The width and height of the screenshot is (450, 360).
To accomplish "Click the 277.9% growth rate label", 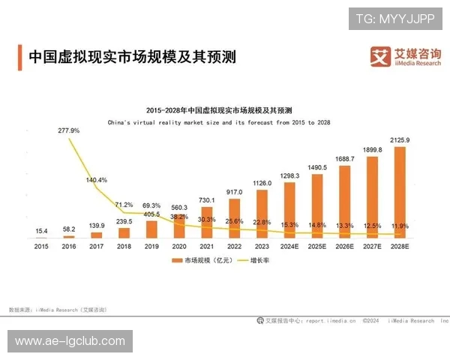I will pyautogui.click(x=68, y=130).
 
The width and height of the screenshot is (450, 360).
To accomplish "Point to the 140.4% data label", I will pyautogui.click(x=97, y=180).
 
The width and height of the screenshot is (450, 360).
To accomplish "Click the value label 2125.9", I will pyautogui.click(x=400, y=140).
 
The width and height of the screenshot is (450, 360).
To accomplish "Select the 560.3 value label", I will pyautogui.click(x=179, y=207).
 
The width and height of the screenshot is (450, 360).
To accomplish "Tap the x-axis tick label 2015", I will pyautogui.click(x=41, y=245).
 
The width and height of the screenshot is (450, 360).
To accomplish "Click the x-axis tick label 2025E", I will pyautogui.click(x=317, y=245).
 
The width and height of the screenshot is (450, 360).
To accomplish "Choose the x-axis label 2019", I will pyautogui.click(x=151, y=245).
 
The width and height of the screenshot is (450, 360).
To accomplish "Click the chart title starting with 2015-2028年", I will pyautogui.click(x=219, y=109).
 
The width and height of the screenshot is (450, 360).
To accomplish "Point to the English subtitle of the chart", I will pyautogui.click(x=219, y=121).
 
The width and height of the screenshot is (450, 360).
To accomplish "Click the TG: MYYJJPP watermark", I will pyautogui.click(x=394, y=18).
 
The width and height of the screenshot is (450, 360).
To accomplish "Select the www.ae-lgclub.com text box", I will pyautogui.click(x=70, y=341).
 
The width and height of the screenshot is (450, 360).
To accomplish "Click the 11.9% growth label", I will pyautogui.click(x=400, y=225).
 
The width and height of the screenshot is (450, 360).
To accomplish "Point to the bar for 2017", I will pyautogui.click(x=96, y=235).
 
